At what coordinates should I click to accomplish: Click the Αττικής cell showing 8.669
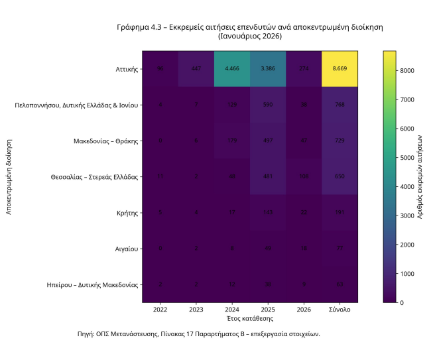[x=339, y=68]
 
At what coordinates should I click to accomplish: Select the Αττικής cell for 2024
[x=232, y=68]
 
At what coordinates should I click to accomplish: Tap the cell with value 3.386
[x=268, y=68]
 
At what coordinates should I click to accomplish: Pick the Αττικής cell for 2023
[x=196, y=68]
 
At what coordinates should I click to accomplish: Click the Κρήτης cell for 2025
[x=268, y=213]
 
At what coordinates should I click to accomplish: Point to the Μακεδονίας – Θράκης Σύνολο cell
[x=339, y=141]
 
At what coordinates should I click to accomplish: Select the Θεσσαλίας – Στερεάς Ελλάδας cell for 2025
[x=268, y=177]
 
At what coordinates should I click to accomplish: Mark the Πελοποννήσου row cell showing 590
[x=268, y=105]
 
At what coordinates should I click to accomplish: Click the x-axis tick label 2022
[x=160, y=310]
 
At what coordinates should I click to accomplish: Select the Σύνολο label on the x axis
[x=339, y=310]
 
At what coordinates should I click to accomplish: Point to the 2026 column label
[x=304, y=310]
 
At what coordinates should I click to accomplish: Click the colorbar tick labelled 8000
[x=407, y=70]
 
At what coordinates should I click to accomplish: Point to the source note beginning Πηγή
[x=199, y=333]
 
